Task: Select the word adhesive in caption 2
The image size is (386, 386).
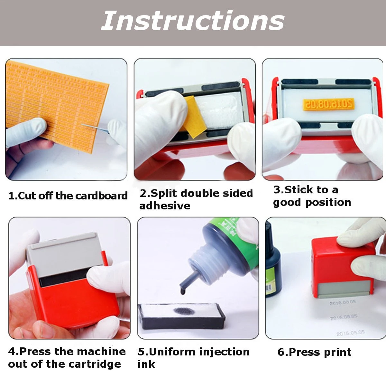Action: tap(165, 206)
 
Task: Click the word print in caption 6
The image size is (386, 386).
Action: tap(337, 352)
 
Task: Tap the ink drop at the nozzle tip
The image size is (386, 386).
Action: tap(183, 291)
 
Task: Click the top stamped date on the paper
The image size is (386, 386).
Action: tap(343, 302)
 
